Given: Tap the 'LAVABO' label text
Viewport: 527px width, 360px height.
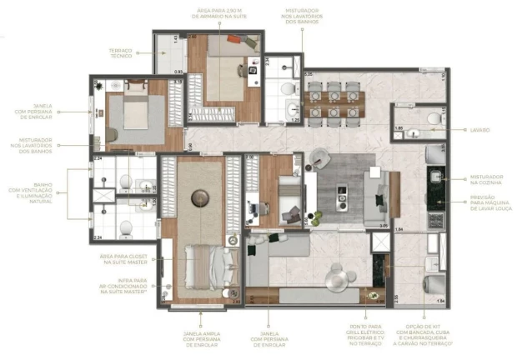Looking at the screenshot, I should click(479, 130).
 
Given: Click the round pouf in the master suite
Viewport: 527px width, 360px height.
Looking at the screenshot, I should click(199, 197).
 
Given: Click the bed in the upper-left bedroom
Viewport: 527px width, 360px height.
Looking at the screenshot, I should click(132, 113).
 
